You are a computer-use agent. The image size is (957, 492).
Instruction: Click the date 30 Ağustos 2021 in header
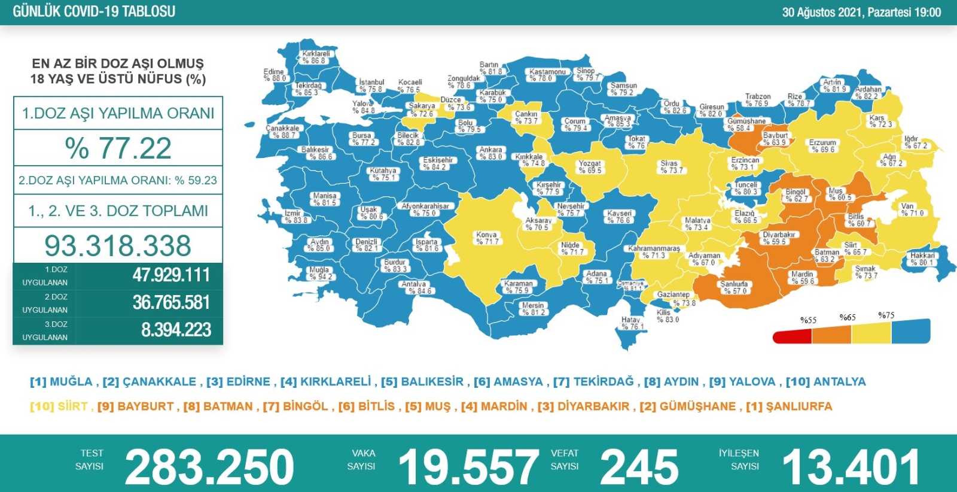pyautogui.click(x=822, y=13)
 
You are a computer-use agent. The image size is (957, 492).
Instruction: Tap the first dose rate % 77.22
pyautogui.click(x=118, y=148)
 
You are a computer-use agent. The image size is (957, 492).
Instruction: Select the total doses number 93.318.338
pyautogui.click(x=118, y=245)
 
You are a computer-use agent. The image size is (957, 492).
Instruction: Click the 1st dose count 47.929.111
pyautogui.click(x=171, y=275)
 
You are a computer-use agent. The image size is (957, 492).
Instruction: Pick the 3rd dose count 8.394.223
pyautogui.click(x=176, y=330)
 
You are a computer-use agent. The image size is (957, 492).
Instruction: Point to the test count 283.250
pyautogui.click(x=209, y=467)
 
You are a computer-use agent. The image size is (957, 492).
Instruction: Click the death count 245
pyautogui.click(x=639, y=467)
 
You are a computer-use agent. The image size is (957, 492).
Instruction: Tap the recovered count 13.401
pyautogui.click(x=851, y=467)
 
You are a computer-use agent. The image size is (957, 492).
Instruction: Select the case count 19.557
pyautogui.click(x=468, y=467)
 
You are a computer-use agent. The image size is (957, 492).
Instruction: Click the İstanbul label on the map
pyautogui.click(x=371, y=83)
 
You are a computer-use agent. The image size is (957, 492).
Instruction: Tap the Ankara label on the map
pyautogui.click(x=490, y=150)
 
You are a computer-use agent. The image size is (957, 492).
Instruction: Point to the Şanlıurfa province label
pyautogui.click(x=734, y=284)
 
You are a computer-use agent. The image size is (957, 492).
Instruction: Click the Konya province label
pyautogui.click(x=486, y=235)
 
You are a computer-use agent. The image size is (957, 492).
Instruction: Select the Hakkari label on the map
pyautogui.click(x=922, y=256)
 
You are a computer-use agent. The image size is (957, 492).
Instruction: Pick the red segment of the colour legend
pyautogui.click(x=791, y=337)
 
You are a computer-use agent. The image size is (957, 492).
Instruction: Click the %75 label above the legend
pyautogui.click(x=886, y=315)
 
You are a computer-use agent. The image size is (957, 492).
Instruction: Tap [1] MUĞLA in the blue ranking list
pyautogui.click(x=61, y=382)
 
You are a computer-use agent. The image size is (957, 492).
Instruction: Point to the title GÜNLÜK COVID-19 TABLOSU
pyautogui.click(x=94, y=11)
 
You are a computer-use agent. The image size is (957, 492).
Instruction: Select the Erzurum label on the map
pyautogui.click(x=822, y=143)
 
